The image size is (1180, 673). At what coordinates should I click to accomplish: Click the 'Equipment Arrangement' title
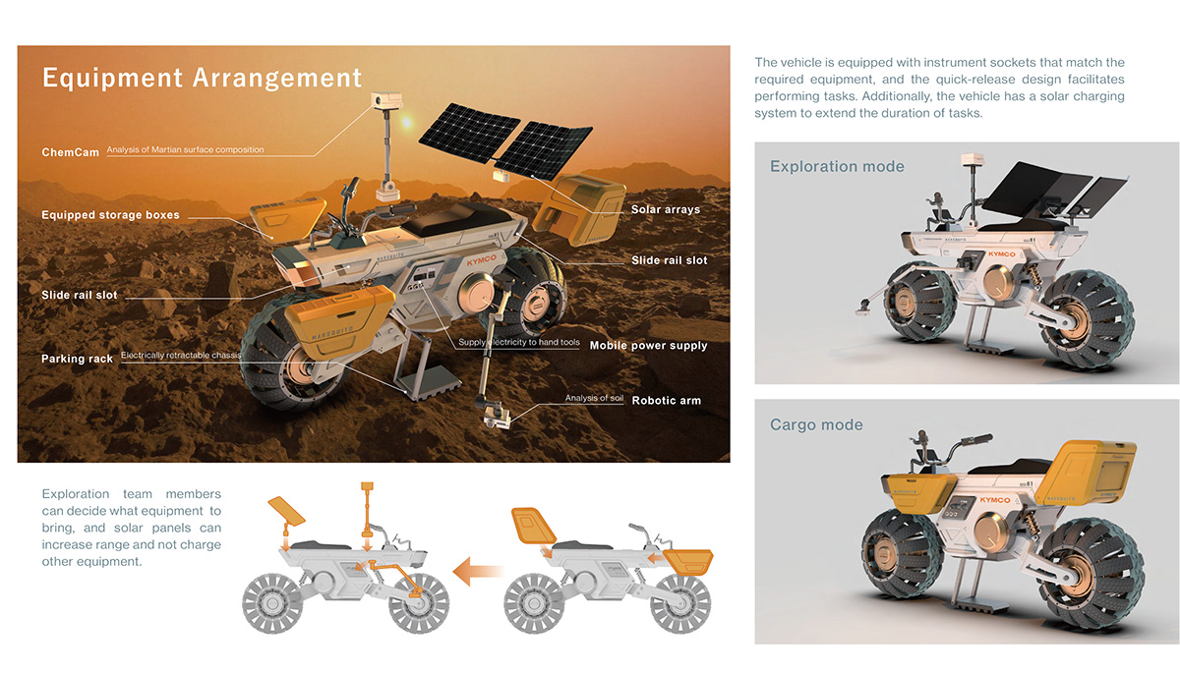(202, 78)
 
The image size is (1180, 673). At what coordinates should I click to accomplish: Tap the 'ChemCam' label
(71, 152)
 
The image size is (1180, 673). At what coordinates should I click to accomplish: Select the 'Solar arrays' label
(666, 209)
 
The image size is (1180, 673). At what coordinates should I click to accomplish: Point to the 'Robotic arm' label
(667, 401)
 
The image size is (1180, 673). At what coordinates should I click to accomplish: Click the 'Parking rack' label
(77, 359)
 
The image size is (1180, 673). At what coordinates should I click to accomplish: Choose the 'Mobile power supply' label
(648, 346)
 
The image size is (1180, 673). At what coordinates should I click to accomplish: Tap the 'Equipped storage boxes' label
(110, 215)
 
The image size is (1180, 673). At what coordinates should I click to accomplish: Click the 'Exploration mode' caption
(837, 166)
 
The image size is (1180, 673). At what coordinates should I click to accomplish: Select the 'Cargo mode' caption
(816, 424)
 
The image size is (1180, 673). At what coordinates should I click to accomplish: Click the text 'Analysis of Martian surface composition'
(186, 150)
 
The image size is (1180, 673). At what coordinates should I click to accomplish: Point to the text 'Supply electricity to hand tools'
(519, 342)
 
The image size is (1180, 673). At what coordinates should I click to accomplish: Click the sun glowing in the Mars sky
(406, 122)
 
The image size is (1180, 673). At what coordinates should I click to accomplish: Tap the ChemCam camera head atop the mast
(386, 100)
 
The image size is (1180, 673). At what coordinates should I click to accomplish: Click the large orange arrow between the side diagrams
(478, 572)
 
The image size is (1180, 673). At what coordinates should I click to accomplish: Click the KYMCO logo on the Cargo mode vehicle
(994, 500)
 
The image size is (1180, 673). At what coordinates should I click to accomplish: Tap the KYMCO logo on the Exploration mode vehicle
(1001, 254)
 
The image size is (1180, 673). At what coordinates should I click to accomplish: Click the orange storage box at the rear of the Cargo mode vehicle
(1086, 475)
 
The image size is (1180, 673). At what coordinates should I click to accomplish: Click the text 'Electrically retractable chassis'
(181, 356)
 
